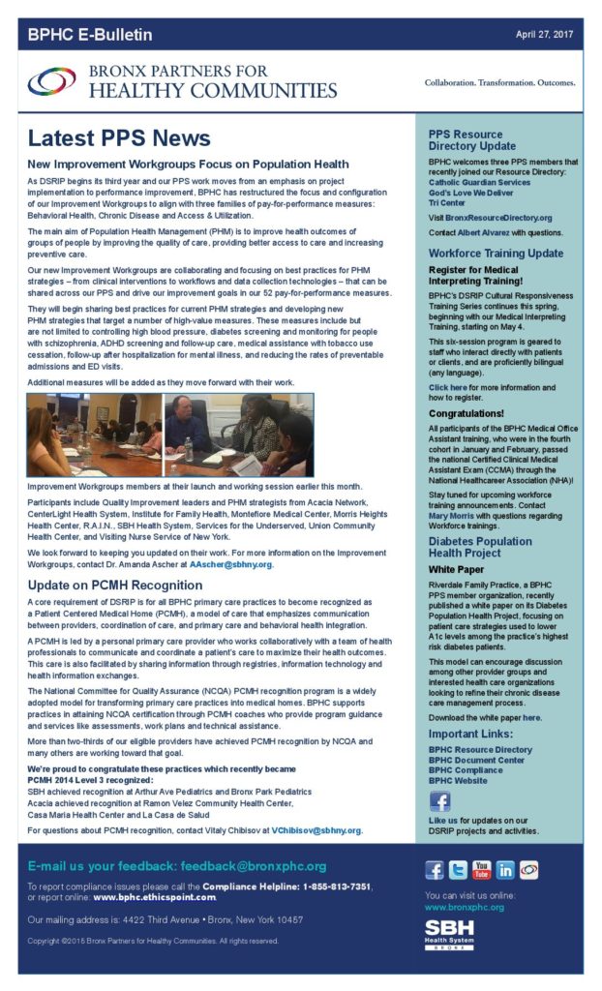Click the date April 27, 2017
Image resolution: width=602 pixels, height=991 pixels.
pos(545,34)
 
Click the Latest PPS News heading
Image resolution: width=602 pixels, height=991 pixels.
pos(118,137)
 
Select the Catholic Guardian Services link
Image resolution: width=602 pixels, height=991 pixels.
pos(480,182)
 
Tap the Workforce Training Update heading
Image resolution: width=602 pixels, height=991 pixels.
pos(496,253)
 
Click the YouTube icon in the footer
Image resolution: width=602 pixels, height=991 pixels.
pos(481,870)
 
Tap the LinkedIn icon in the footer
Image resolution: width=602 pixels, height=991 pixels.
pos(504,870)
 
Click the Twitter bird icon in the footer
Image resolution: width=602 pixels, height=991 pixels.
pos(458,870)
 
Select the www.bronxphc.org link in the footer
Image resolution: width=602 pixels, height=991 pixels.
pos(465,908)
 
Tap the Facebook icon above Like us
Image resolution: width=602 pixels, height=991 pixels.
pos(439,802)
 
